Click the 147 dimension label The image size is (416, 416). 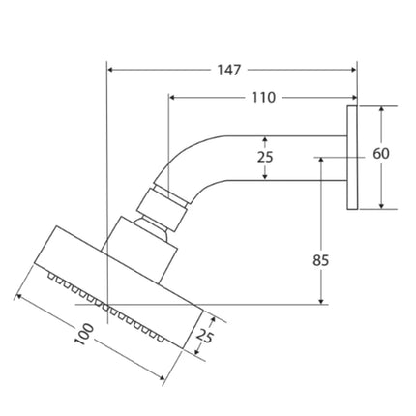click(x=228, y=70)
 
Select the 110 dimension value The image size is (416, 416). click(x=263, y=97)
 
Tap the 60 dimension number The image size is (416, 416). click(x=381, y=154)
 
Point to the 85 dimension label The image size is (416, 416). click(x=320, y=260)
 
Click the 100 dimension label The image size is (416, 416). click(x=84, y=335)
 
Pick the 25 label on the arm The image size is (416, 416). click(x=265, y=157)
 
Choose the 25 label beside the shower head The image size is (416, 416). click(x=205, y=337)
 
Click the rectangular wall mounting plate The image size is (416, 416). click(x=352, y=158)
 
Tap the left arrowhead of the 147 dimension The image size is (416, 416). click(x=110, y=70)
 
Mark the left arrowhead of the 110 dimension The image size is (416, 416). click(x=172, y=97)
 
